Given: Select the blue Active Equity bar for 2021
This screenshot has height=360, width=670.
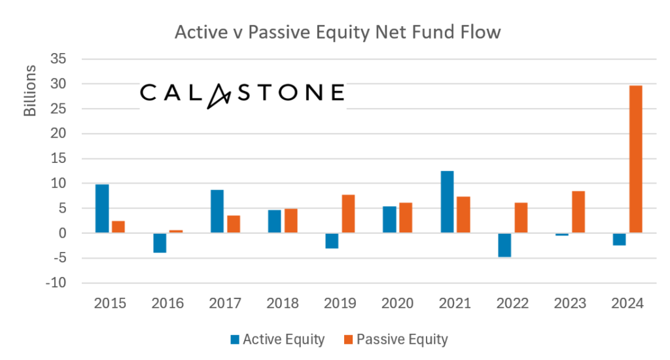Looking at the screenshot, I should (447, 202).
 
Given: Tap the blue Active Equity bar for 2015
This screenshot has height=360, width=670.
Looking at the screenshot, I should (102, 209).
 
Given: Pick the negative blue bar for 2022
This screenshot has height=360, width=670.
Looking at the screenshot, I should (504, 245).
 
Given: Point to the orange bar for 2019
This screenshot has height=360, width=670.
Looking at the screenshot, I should (348, 213).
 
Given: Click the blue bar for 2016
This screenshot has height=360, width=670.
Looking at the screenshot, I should (160, 243).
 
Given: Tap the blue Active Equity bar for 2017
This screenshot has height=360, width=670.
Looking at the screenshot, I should (217, 211).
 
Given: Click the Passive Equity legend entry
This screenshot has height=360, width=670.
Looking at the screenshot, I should (395, 339).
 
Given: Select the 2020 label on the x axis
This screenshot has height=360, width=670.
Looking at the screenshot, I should (398, 304).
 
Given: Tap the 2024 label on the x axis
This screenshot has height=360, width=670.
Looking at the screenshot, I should (627, 304).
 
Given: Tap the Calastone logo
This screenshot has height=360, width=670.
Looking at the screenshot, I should (242, 94).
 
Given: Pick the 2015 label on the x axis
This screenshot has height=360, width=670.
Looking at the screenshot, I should (110, 304).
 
